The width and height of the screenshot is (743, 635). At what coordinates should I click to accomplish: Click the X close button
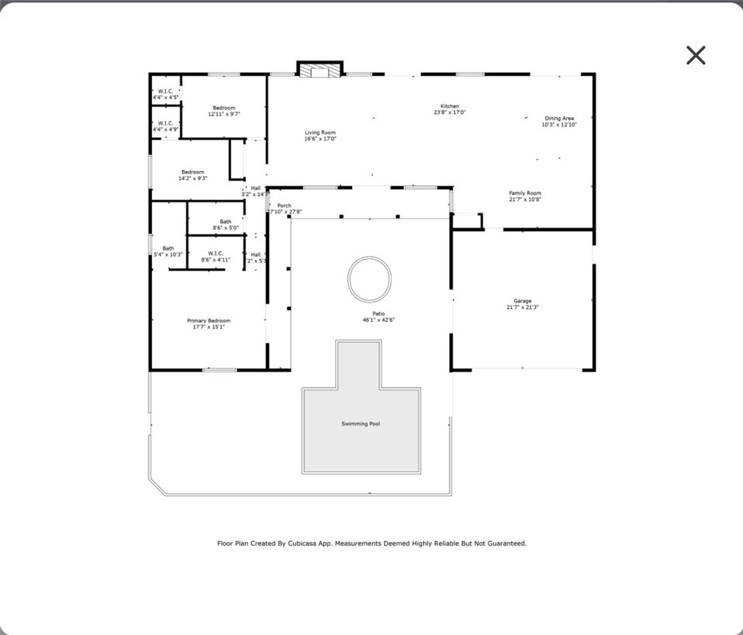[x=696, y=55]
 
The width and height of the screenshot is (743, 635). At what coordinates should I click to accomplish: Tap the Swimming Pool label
[x=361, y=424]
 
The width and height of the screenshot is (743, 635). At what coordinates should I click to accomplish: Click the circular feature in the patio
[x=369, y=279]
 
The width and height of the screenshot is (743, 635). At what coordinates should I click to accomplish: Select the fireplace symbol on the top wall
[x=320, y=71]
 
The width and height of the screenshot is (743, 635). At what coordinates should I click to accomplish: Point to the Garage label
[x=522, y=301]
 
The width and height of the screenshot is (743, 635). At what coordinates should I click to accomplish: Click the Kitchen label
[x=450, y=106]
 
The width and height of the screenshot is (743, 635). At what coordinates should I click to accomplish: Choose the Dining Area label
[x=558, y=119]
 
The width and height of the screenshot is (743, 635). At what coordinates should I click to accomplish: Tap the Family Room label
[x=525, y=193]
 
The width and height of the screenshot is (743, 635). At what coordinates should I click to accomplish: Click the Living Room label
[x=320, y=133]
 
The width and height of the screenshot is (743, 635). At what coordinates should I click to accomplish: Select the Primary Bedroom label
[x=209, y=320]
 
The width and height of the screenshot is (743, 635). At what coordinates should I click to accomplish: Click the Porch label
[x=285, y=205]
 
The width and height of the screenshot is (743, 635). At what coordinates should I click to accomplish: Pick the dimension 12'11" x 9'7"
[x=224, y=114]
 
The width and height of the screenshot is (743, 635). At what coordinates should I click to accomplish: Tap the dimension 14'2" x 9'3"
[x=192, y=178]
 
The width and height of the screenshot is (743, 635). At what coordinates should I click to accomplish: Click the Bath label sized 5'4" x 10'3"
[x=168, y=248]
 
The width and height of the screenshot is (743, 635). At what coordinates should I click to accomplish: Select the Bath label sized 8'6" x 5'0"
[x=225, y=222]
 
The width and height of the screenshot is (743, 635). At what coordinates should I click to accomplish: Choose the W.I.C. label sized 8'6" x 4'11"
[x=216, y=253]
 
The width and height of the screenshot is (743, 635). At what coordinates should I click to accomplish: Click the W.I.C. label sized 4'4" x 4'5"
[x=165, y=91]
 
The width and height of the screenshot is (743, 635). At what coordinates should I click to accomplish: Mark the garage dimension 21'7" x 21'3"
[x=522, y=307]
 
